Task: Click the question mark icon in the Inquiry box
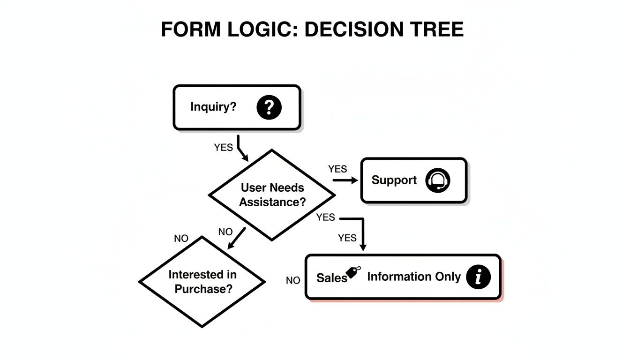(x=269, y=107)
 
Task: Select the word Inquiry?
(x=213, y=107)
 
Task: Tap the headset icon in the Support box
(x=437, y=180)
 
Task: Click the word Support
(x=394, y=180)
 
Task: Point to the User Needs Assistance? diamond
(x=272, y=195)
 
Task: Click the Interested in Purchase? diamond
(x=202, y=281)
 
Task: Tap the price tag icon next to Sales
(x=353, y=273)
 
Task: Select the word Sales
(x=331, y=277)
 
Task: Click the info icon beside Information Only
(x=478, y=277)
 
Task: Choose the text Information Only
(x=413, y=277)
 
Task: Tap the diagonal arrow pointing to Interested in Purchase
(x=236, y=239)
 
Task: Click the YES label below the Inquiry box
(x=223, y=148)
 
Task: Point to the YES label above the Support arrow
(x=337, y=169)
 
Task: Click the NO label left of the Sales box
(x=293, y=280)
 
